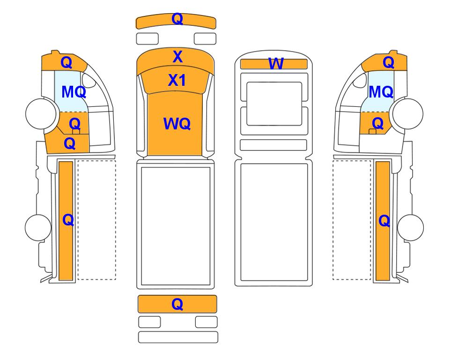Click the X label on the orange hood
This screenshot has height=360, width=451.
[177, 56]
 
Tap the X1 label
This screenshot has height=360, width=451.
[177, 80]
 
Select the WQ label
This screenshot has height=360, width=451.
[177, 124]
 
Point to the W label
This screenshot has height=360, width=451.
[276, 64]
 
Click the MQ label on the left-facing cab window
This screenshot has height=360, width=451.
[74, 92]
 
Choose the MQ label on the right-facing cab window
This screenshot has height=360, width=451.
[381, 92]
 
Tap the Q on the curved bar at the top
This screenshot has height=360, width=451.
[177, 19]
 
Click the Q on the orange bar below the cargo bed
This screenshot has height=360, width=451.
[177, 304]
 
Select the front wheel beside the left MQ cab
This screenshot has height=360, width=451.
[41, 113]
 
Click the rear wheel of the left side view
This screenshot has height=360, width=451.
[38, 227]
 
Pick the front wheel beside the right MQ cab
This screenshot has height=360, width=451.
[408, 113]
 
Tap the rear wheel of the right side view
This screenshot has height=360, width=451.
[410, 227]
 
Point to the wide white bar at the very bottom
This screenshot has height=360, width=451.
[178, 337]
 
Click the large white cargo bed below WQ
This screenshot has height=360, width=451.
[176, 226]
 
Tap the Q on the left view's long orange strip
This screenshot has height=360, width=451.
[68, 220]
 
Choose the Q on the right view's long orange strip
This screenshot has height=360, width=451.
[384, 221]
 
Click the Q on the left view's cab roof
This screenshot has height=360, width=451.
[67, 62]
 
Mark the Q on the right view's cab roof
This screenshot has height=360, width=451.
[388, 62]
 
